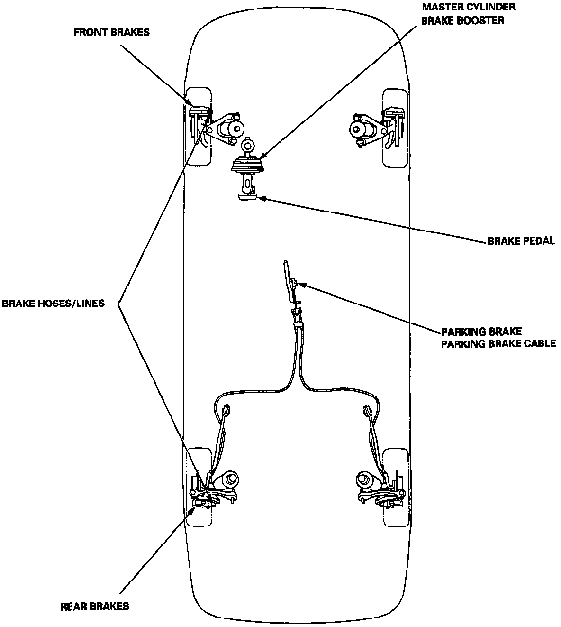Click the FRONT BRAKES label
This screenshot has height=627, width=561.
[x=111, y=33]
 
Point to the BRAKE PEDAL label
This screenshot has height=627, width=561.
[x=521, y=241]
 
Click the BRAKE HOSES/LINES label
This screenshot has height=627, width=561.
[x=53, y=304]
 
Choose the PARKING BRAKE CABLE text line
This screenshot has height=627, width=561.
[x=498, y=344]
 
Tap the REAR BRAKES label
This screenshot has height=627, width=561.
[x=95, y=606]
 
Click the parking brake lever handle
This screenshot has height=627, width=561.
[x=287, y=280]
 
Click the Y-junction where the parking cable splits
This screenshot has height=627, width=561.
[x=298, y=375]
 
